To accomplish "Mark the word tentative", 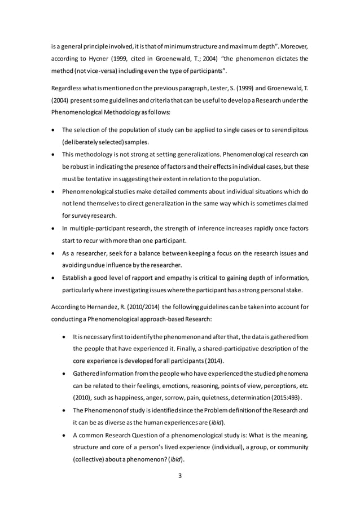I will (95, 179).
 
